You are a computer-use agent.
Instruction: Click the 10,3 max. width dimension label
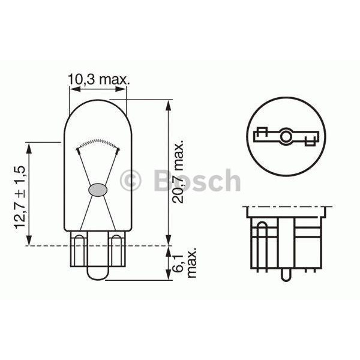point(98,79)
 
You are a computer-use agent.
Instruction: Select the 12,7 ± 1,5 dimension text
point(19,199)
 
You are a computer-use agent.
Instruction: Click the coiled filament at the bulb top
point(97,143)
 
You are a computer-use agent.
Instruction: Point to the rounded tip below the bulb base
point(97,273)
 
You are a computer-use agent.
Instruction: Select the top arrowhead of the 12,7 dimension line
point(28,145)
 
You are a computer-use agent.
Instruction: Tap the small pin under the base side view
point(286,277)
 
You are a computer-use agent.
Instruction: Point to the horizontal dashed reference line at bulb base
point(144,245)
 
